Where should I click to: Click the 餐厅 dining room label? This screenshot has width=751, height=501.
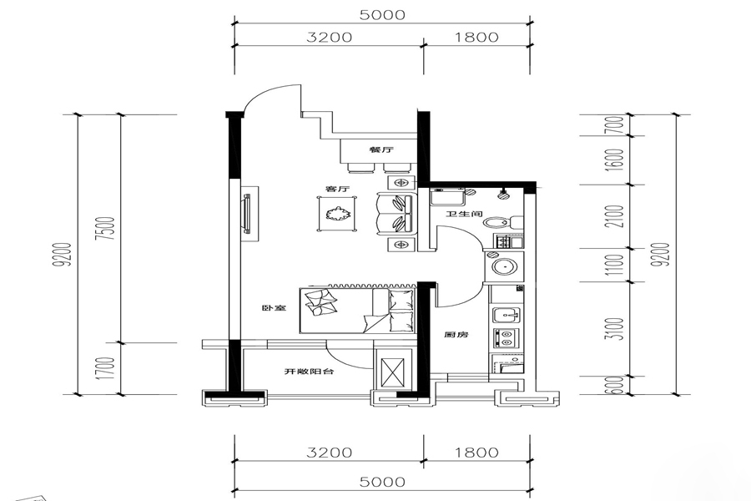coord(381,149)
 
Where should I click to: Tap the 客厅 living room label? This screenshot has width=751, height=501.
coord(337,189)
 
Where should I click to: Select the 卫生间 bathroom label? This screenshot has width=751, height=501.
coord(464,214)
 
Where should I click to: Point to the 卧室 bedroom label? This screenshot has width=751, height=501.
coord(274,308)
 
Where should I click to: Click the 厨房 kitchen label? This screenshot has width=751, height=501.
coord(456,335)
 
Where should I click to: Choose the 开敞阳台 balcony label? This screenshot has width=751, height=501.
coord(309,371)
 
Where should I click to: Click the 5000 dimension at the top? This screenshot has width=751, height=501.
coord(382,15)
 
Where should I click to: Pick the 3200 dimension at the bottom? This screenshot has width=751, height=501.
coord(329,452)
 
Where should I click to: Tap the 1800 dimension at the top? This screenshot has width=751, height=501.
coord(476,37)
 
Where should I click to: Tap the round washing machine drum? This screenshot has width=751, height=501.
coord(504,266)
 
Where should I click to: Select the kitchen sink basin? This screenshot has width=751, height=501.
coord(507,316)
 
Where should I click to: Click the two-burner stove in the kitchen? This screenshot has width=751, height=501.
coord(505,338)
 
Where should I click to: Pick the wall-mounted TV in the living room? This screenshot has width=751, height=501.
coord(247,214)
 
